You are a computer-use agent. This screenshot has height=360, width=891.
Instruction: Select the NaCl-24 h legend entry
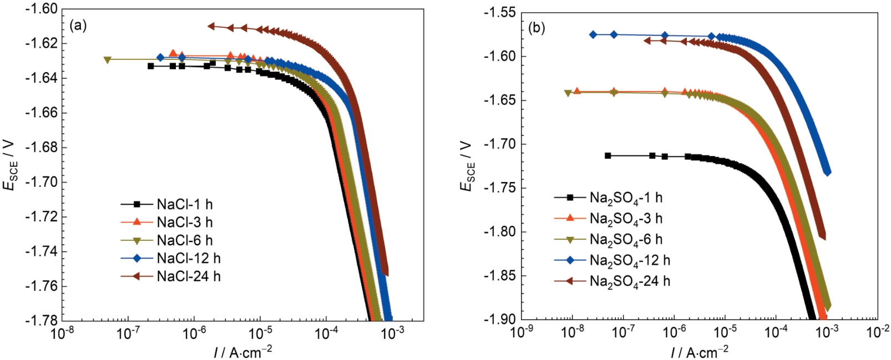point(188,276)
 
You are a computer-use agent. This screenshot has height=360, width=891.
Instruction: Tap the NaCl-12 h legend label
point(188,258)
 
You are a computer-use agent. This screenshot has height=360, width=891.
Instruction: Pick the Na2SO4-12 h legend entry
point(629,260)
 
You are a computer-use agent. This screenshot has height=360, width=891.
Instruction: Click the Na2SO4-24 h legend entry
point(629,281)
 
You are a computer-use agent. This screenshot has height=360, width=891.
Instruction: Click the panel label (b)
point(536,28)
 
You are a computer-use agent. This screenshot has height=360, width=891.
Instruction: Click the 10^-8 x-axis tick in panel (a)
point(62,333)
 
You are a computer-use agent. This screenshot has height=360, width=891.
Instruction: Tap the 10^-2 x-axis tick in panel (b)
point(878,331)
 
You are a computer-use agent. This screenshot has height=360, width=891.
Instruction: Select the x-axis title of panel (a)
point(243,351)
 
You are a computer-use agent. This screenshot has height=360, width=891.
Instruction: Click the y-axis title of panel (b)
point(467,166)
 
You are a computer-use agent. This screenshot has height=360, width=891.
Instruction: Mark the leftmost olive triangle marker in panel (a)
point(108,59)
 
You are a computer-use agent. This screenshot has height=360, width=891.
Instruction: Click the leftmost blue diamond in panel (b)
point(593,34)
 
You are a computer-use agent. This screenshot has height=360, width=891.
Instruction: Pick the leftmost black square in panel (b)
point(608,156)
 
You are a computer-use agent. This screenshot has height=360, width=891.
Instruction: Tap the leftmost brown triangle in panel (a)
point(211,26)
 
